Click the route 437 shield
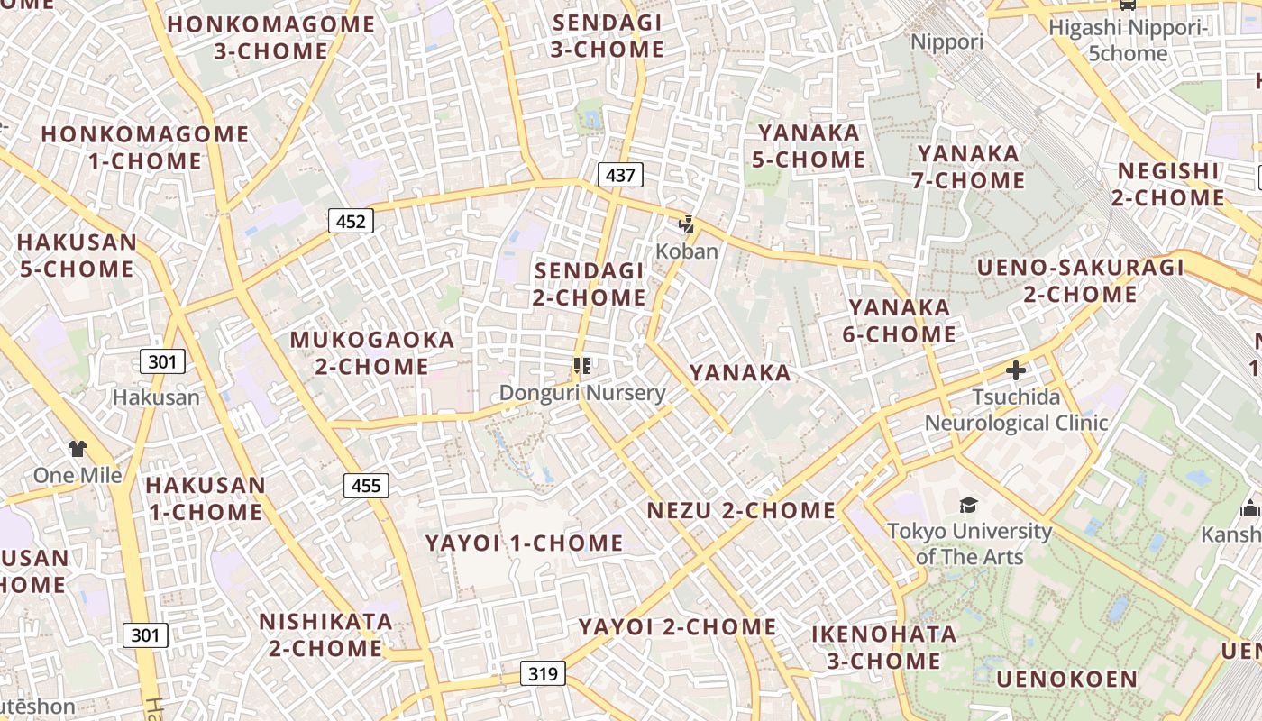pyautogui.click(x=620, y=175)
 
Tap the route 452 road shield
pyautogui.click(x=351, y=221)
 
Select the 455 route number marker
pyautogui.click(x=366, y=486)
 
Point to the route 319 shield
pyautogui.click(x=543, y=672)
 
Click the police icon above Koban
pyautogui.click(x=687, y=224)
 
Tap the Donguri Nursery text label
pyautogui.click(x=582, y=393)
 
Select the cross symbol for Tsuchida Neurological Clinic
pyautogui.click(x=1016, y=370)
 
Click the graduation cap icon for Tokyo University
pyautogui.click(x=968, y=506)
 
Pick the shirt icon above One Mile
pyautogui.click(x=78, y=449)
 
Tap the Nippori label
pyautogui.click(x=946, y=42)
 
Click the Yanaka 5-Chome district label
pyautogui.click(x=809, y=147)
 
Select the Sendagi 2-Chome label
pyautogui.click(x=590, y=284)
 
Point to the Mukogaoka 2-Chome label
pyautogui.click(x=371, y=353)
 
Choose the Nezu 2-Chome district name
pyautogui.click(x=741, y=511)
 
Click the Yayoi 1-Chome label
pyautogui.click(x=524, y=543)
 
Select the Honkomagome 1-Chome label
pyautogui.click(x=144, y=148)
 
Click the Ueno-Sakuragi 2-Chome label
pyautogui.click(x=1080, y=281)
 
